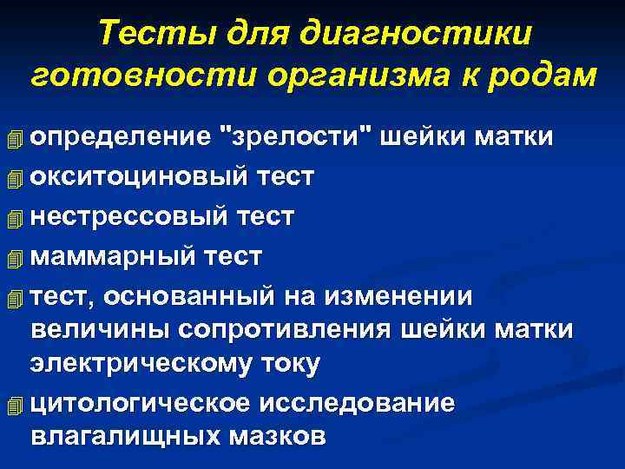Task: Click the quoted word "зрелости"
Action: click(x=298, y=137)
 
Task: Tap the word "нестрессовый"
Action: click(x=128, y=216)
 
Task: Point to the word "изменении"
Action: click(x=398, y=296)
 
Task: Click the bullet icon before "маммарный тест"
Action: click(x=10, y=258)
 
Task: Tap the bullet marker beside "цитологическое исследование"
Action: click(x=10, y=405)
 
